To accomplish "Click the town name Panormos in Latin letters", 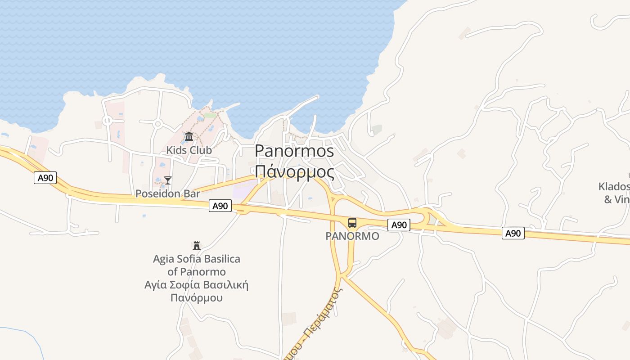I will [294, 151].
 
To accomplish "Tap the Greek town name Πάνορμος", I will [294, 172].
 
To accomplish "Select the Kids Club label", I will [189, 150].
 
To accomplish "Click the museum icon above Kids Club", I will [189, 136].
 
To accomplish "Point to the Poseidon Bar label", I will [168, 194].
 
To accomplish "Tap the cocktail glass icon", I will [168, 180].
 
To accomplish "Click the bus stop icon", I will [352, 222].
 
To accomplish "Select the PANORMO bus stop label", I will [352, 236].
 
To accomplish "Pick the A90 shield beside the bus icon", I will [399, 225].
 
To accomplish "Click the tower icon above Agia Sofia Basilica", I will [196, 246].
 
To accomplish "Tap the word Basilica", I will [220, 259].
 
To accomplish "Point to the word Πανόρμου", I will [197, 298].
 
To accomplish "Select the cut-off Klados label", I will [615, 186].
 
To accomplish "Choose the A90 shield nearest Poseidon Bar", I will [220, 206].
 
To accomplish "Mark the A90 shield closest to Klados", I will [513, 233].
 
